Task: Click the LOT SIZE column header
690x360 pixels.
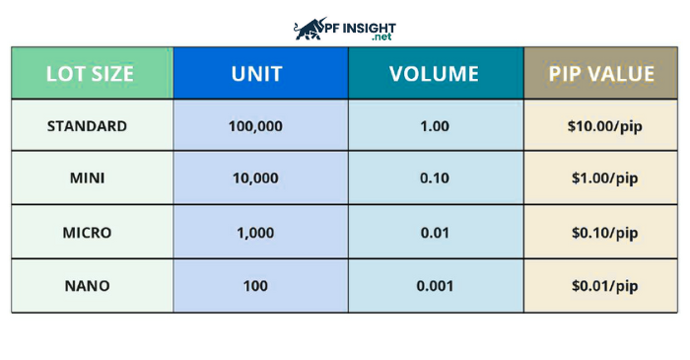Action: coord(91,73)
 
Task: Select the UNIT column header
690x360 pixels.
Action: coord(260,73)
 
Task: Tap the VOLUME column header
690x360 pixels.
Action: coord(434,73)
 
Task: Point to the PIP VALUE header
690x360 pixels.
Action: coord(602,73)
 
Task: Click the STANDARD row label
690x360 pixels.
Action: coord(87,126)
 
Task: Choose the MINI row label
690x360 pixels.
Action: coord(87,180)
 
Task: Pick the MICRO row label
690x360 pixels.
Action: coord(87,233)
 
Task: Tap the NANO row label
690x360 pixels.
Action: coord(87,287)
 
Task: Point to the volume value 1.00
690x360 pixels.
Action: coord(435,126)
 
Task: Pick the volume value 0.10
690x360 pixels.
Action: coord(435,180)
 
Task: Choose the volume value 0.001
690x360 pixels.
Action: coord(435,287)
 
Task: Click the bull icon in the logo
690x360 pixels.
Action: coord(311,27)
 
